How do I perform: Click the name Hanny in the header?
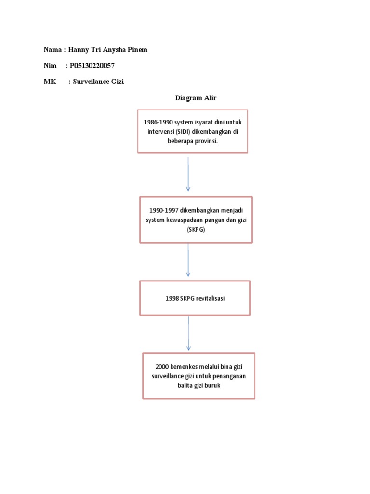79,50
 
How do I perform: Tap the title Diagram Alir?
196,98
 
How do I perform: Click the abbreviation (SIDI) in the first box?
181,131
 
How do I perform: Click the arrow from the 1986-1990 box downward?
188,174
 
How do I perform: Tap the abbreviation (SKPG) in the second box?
196,229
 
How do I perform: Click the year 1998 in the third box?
172,298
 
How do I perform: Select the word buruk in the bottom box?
211,385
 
